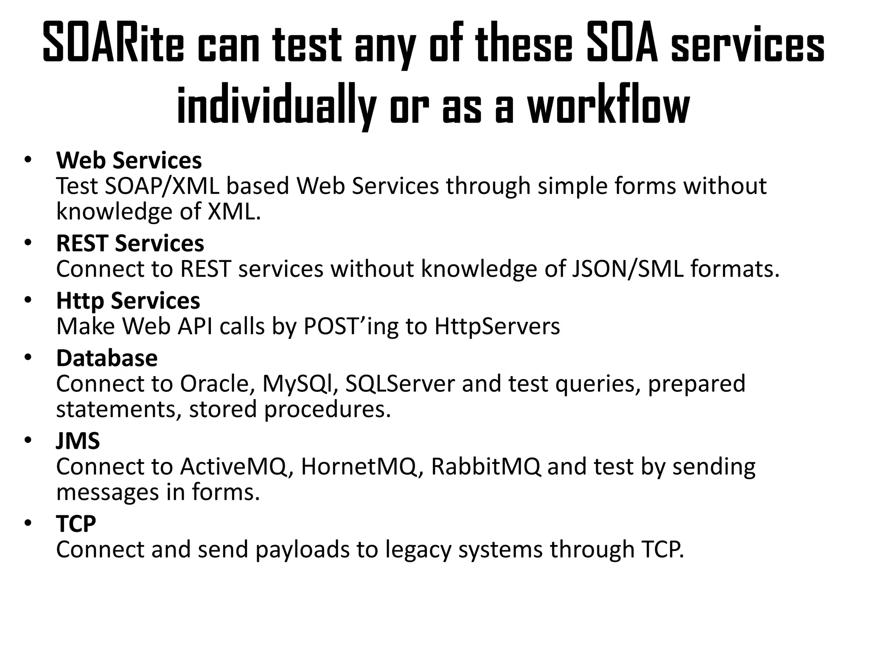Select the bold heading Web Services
click(x=129, y=160)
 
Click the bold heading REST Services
click(x=130, y=243)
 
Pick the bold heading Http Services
click(x=128, y=301)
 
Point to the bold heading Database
click(x=107, y=358)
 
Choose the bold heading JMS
click(x=78, y=441)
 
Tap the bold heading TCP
click(x=76, y=523)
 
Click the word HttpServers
click(x=497, y=326)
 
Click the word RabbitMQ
click(x=486, y=467)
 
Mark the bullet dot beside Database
click(x=28, y=358)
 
